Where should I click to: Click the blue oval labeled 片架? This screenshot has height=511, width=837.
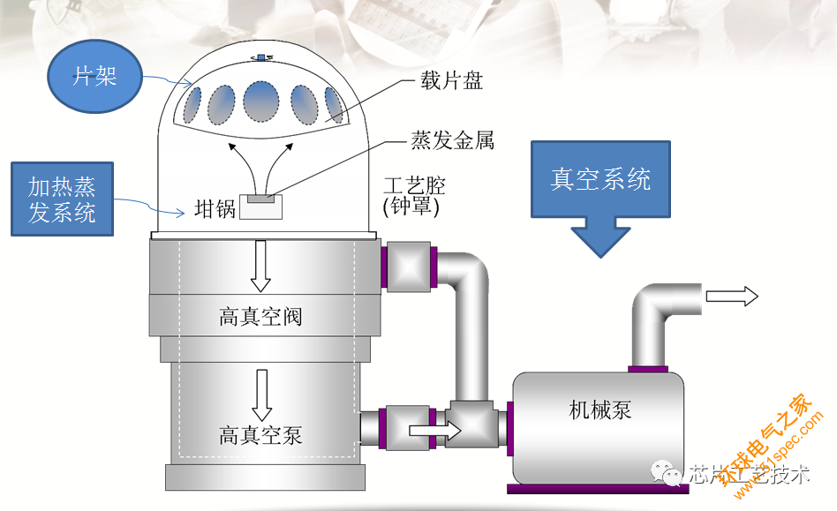point(95,76)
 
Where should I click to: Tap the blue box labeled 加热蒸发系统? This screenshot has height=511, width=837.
point(62,199)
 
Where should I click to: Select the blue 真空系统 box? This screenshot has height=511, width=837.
point(600,179)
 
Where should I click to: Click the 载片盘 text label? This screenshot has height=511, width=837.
point(451,81)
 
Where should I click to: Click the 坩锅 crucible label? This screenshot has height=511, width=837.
point(215,208)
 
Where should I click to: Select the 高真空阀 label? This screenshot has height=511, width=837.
point(260,317)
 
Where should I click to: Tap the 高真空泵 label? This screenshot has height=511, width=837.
point(260,435)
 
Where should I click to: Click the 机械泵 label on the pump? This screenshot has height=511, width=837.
point(600,410)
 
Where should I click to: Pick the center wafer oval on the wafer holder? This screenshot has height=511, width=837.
point(261,101)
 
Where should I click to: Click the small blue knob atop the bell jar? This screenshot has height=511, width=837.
point(261,57)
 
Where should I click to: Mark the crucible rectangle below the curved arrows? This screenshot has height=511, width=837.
point(260,207)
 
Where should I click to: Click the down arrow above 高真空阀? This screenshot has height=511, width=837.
point(260,266)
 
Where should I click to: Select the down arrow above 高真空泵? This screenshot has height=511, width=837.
point(261,395)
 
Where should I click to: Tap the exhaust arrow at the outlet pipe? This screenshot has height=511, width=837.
point(732,296)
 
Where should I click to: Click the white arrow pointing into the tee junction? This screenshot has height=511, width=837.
point(434,430)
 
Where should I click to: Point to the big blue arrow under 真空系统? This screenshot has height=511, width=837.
point(600,237)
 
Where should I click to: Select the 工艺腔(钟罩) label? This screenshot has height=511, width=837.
point(414,196)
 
